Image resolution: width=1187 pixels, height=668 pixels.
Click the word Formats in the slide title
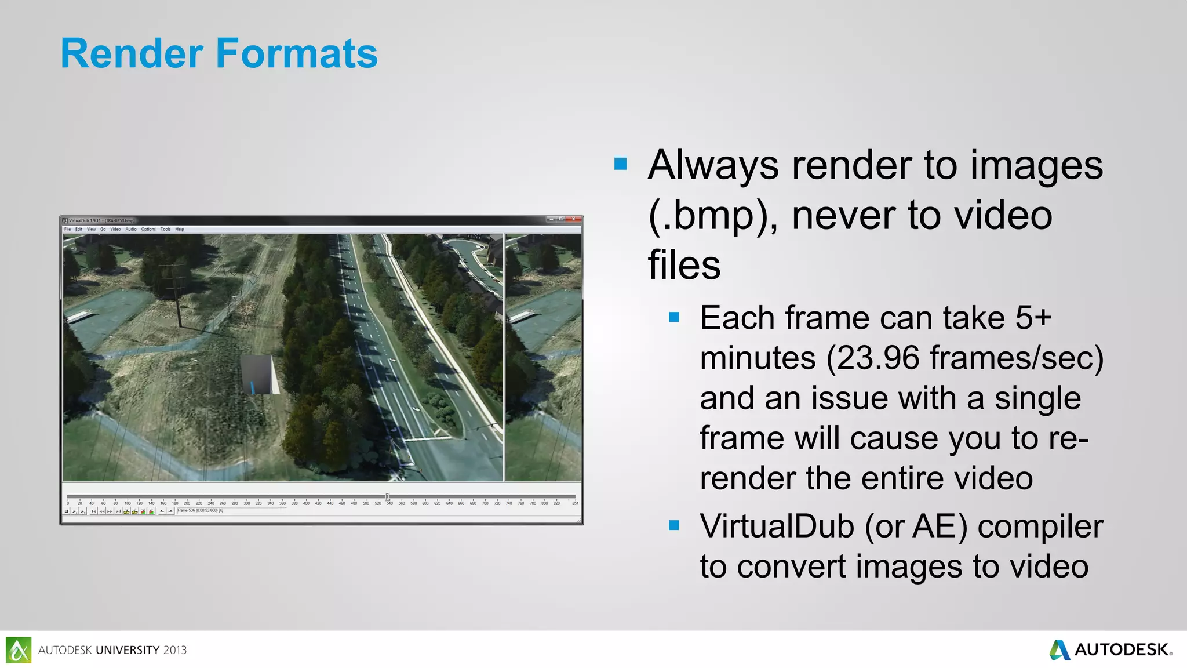tap(297, 53)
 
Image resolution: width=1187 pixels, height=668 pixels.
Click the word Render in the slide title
tap(132, 53)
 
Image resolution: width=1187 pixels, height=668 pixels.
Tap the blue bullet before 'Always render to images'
tap(620, 164)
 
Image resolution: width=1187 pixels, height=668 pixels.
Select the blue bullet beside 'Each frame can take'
tap(673, 317)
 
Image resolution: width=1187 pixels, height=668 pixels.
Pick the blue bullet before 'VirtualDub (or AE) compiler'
tap(673, 525)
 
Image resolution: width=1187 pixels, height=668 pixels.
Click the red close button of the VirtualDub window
tap(573, 219)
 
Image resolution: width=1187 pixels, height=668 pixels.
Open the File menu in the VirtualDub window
tap(67, 230)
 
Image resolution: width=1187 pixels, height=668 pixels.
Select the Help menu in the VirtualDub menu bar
tap(180, 230)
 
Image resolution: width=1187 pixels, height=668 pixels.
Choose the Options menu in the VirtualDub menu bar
tap(148, 230)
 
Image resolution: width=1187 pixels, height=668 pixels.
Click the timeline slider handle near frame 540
tap(388, 497)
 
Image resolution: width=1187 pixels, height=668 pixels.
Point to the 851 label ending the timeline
tap(575, 503)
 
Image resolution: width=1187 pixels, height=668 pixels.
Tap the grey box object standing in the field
tap(259, 374)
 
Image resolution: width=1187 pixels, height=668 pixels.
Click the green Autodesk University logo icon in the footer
tap(19, 649)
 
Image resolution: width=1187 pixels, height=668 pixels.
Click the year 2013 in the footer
tap(174, 650)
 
